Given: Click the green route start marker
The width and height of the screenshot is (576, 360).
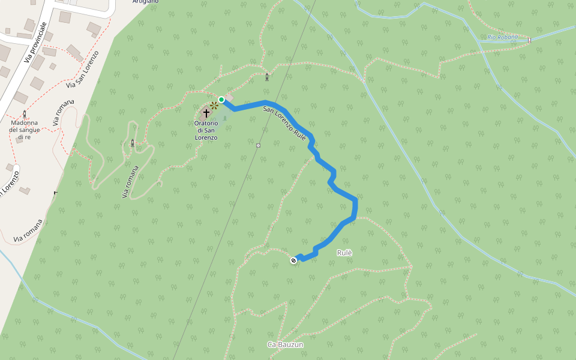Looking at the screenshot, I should pyautogui.click(x=221, y=100).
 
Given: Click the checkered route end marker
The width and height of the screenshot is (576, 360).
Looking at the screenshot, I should pyautogui.click(x=293, y=260).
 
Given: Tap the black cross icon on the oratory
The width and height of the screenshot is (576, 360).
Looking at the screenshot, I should pyautogui.click(x=206, y=112).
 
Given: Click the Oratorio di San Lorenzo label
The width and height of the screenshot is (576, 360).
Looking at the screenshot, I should pyautogui.click(x=206, y=130).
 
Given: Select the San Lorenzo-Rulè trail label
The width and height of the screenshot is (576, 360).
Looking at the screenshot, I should pyautogui.click(x=285, y=124).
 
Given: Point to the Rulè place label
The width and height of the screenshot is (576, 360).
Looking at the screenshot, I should pyautogui.click(x=344, y=253).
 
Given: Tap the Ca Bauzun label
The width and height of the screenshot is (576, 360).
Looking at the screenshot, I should pyautogui.click(x=286, y=344).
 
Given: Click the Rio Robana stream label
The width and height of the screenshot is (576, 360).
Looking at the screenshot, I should pyautogui.click(x=502, y=37).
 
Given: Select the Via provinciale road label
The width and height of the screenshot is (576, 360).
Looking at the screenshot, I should pyautogui.click(x=35, y=43).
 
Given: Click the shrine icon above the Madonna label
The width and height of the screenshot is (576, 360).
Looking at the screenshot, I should pyautogui.click(x=25, y=113).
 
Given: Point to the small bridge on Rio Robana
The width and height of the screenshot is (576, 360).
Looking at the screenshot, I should pyautogui.click(x=529, y=40).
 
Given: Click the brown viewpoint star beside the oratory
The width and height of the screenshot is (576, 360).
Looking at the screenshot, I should pyautogui.click(x=214, y=106).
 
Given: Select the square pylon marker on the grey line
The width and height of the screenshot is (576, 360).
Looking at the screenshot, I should pyautogui.click(x=258, y=145).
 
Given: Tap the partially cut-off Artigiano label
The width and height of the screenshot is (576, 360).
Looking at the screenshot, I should pyautogui.click(x=146, y=2).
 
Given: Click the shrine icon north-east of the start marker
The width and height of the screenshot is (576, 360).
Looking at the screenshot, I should pyautogui.click(x=266, y=76).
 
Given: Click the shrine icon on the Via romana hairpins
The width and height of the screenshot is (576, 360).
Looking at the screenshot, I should pyautogui.click(x=133, y=143).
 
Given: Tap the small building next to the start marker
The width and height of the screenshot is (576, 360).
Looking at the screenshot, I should pyautogui.click(x=229, y=97).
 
